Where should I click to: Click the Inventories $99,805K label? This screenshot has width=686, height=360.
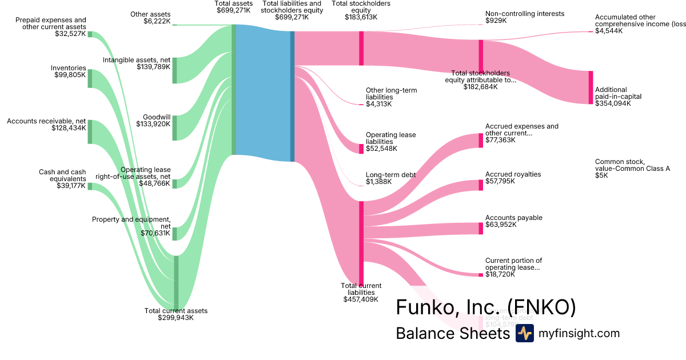[70, 71]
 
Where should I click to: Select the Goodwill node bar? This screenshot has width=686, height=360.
[175, 127]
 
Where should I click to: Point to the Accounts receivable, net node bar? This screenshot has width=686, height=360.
[90, 132]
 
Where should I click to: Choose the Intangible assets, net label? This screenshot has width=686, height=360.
[137, 63]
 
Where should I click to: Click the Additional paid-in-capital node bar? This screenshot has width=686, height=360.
[591, 87]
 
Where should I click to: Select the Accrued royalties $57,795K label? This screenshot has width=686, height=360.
[513, 178]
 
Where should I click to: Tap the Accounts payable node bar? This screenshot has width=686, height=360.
[481, 228]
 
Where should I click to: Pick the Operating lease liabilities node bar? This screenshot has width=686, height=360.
[361, 149]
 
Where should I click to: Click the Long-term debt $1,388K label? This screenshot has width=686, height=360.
[390, 178]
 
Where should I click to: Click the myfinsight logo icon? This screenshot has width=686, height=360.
[524, 333]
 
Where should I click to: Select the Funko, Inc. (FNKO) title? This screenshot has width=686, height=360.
[485, 307]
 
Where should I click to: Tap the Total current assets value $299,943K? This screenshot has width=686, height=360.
[176, 318]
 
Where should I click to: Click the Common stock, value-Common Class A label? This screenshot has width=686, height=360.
[632, 169]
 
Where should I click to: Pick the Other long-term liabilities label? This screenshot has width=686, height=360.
[391, 97]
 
